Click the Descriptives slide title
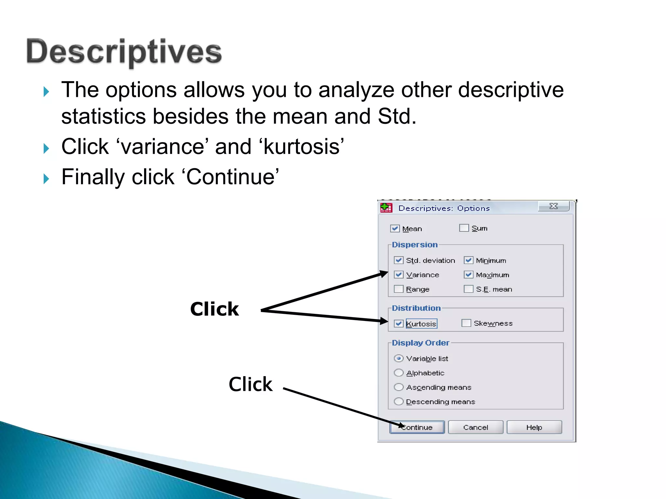coord(124,52)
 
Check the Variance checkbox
coord(399,275)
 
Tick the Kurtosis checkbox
coord(399,324)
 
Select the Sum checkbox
coord(464,228)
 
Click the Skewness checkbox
coord(466,323)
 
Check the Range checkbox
coord(399,289)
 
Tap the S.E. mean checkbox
coord(469,289)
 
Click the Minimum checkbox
coord(469,260)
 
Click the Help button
coord(534,427)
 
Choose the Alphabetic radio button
coord(399,373)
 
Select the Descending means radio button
coord(399,402)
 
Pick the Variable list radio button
coord(399,358)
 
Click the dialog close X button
coord(553,206)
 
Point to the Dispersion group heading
coord(415,245)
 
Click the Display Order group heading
coord(420,343)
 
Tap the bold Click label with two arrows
coord(214,309)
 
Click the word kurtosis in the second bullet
coord(301,147)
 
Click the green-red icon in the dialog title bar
coord(386,208)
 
